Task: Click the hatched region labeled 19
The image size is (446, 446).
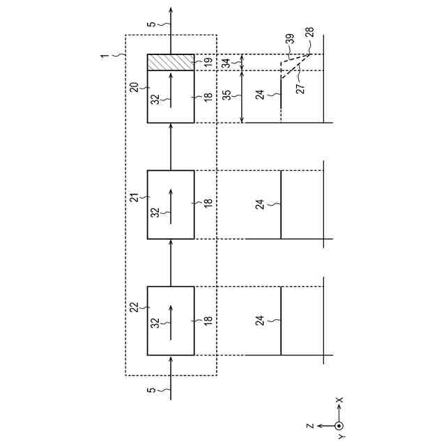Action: pyautogui.click(x=171, y=62)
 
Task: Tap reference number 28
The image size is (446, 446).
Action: pyautogui.click(x=309, y=32)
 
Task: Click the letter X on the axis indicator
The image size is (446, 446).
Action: pyautogui.click(x=339, y=401)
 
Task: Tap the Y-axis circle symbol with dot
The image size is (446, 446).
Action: pyautogui.click(x=339, y=425)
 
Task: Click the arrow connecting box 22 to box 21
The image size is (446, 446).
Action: pyautogui.click(x=171, y=263)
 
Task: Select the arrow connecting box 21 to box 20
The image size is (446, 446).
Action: pyautogui.click(x=171, y=146)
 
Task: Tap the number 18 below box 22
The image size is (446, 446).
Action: pyautogui.click(x=207, y=320)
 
